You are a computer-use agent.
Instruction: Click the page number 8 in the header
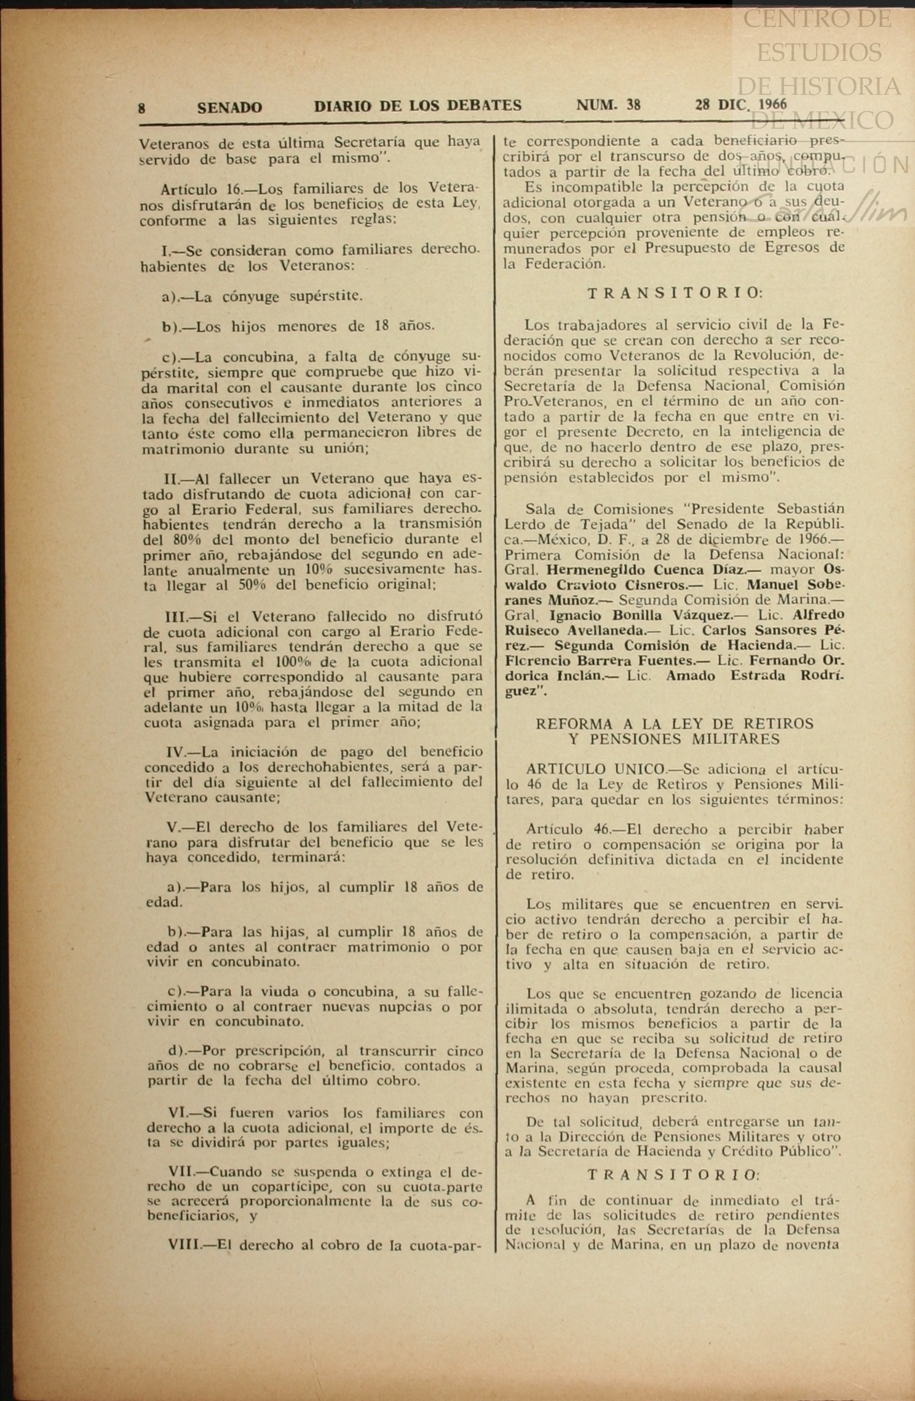(x=141, y=108)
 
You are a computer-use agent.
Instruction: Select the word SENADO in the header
(x=229, y=108)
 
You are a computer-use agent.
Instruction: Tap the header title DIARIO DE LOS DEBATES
(x=418, y=106)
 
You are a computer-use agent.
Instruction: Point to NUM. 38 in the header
(x=608, y=105)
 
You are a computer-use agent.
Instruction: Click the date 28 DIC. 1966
(x=740, y=104)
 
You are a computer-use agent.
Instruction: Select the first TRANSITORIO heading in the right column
(x=674, y=293)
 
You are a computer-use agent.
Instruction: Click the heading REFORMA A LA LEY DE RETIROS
(x=674, y=724)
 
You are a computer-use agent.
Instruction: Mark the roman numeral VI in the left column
(x=178, y=1113)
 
